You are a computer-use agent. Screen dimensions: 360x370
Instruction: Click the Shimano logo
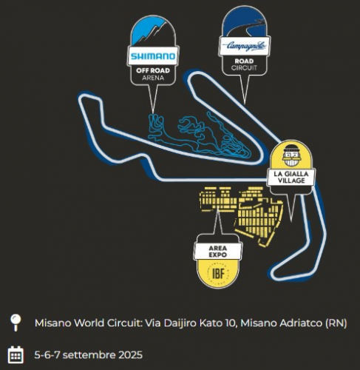point(153,56)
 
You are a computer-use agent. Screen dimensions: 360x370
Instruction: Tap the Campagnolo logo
point(245,46)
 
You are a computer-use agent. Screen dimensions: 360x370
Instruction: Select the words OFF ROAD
point(153,71)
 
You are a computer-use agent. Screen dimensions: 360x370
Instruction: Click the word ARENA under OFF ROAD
point(153,78)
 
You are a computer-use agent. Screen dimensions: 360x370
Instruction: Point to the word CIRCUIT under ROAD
point(244,68)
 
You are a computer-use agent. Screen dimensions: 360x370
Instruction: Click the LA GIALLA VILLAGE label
point(291,178)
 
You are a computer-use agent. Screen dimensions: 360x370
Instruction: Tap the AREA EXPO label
point(218,252)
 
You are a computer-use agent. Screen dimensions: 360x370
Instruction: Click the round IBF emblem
point(218,273)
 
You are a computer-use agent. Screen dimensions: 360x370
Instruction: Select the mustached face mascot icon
point(292,155)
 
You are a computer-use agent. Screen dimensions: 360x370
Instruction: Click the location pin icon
point(16,323)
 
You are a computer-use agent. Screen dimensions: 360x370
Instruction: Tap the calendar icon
point(16,354)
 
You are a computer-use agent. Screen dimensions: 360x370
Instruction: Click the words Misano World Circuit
point(89,323)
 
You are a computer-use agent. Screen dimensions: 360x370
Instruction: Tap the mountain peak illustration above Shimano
point(152,32)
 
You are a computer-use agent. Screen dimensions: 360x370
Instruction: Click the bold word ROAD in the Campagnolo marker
point(244,61)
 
